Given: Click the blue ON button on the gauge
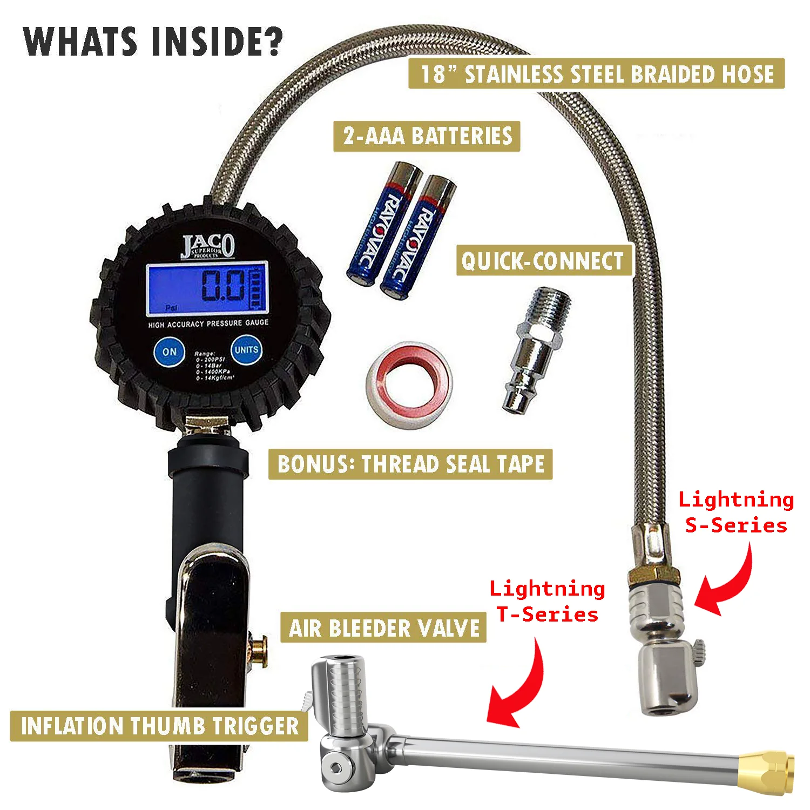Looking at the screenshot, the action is [169, 352].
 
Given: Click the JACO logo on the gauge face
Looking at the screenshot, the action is [208, 246].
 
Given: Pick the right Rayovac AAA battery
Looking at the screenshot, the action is [417, 237].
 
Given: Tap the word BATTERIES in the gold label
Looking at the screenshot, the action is [461, 136].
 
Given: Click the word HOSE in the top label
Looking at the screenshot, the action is [747, 74].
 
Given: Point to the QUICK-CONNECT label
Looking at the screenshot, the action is [542, 261].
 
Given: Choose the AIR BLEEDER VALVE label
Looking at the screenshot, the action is [384, 628].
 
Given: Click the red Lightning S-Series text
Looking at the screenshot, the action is [736, 512].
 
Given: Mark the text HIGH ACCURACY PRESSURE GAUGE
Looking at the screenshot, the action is [208, 324].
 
